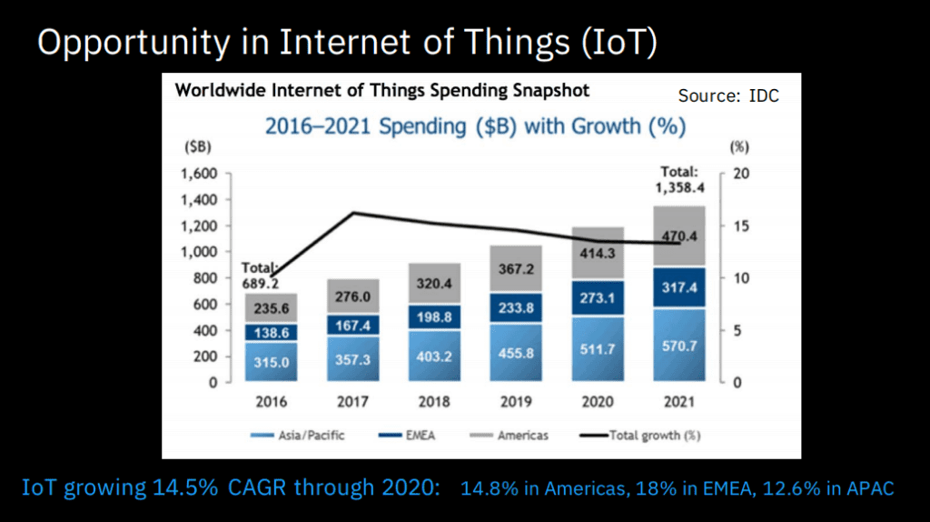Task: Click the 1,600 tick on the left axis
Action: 202,174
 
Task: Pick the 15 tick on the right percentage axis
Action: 738,226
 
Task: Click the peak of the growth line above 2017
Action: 352,213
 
